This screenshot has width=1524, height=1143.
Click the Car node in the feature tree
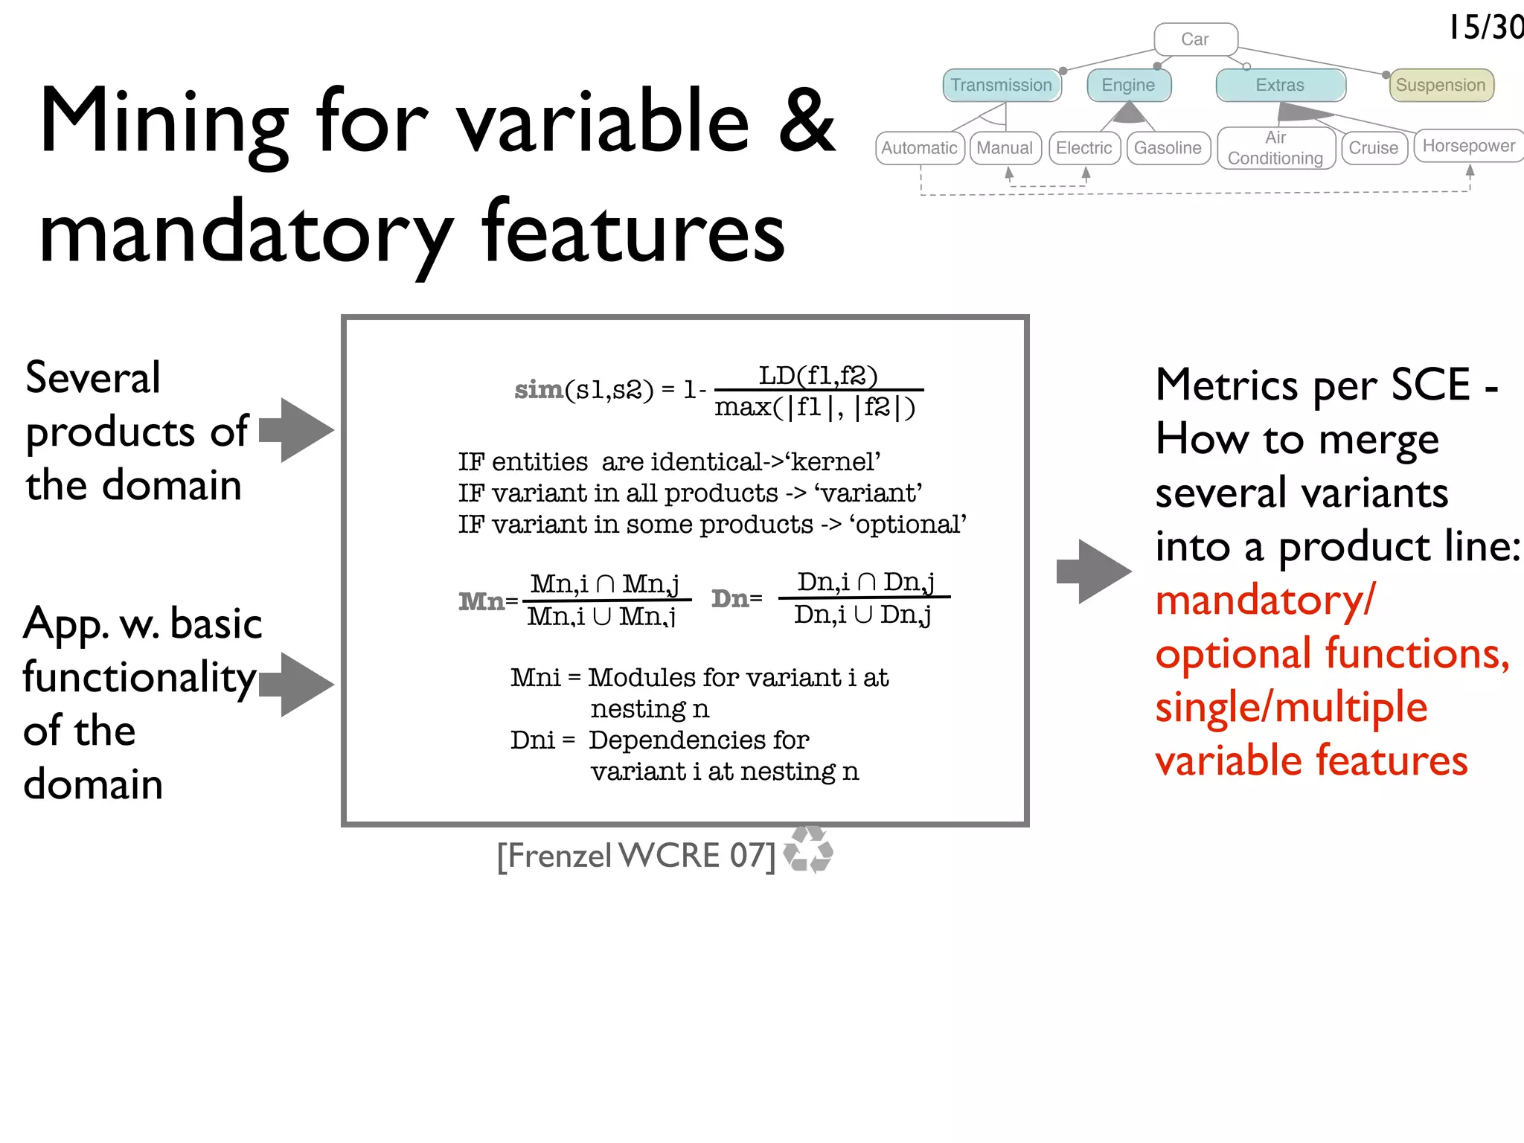(1195, 39)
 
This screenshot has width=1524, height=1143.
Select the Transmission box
(1001, 85)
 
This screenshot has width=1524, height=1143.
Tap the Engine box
(1128, 85)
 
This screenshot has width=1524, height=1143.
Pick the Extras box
(1280, 85)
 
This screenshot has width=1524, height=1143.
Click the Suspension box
(1441, 85)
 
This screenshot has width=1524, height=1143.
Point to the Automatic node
(919, 147)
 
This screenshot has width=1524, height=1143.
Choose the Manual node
(1005, 147)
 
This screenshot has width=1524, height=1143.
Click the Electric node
(1083, 147)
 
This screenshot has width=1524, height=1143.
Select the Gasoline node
(1168, 147)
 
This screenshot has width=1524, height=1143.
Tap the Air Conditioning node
(1275, 147)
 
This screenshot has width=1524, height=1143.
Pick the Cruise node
(1373, 147)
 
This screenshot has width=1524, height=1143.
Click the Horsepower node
(1468, 146)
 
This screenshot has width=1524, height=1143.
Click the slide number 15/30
(1485, 28)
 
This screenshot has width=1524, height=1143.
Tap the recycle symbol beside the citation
(809, 849)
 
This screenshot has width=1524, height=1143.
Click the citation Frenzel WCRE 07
(636, 856)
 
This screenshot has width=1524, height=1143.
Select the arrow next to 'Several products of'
(298, 430)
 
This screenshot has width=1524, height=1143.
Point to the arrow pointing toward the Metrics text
(1094, 571)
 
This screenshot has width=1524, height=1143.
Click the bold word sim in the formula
(538, 389)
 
